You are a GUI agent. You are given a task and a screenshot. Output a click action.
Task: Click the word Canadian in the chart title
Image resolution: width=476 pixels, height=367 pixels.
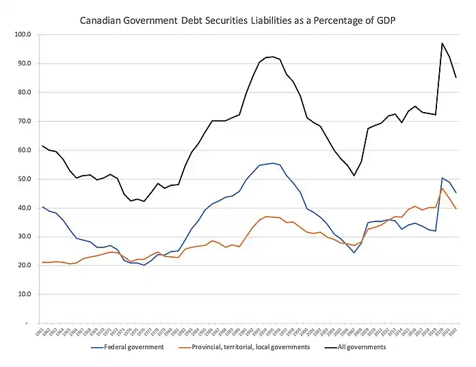coord(103,20)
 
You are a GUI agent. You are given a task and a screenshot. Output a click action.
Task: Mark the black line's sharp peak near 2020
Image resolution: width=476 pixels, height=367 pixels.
coord(442,43)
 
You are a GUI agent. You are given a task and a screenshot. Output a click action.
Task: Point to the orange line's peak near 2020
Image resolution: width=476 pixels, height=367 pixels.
coord(442,188)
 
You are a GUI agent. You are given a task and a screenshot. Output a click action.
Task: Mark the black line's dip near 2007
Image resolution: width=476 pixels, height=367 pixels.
coord(354,176)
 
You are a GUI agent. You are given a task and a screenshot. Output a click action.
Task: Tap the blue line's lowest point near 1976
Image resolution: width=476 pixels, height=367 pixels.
coord(144,265)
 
